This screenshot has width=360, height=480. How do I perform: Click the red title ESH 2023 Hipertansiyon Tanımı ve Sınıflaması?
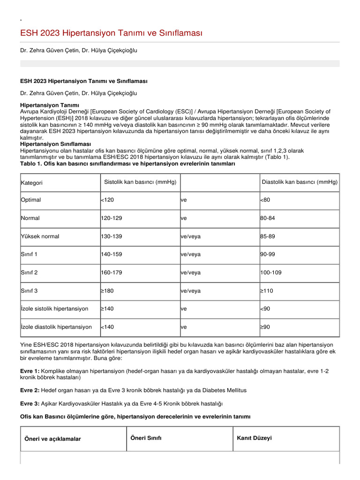point(112,33)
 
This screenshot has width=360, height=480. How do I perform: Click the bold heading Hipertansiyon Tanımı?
point(50,105)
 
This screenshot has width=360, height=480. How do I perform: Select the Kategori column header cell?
point(31,182)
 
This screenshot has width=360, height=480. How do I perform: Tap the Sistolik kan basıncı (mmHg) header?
point(140,181)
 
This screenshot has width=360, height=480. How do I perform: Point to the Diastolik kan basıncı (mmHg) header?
point(299,181)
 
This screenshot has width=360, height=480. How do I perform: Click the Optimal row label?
point(31,200)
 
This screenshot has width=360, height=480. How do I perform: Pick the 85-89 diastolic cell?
point(268,237)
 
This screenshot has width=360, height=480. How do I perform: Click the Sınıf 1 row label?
point(29,255)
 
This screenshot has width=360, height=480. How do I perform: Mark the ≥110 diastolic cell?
point(267,291)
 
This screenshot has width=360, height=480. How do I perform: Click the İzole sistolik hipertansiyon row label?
point(55,309)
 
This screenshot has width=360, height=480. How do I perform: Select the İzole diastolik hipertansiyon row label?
point(56,327)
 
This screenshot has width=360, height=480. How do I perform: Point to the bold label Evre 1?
point(30,371)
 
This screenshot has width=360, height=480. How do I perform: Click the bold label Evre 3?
point(30,404)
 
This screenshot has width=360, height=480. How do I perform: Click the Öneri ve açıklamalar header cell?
point(52,439)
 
